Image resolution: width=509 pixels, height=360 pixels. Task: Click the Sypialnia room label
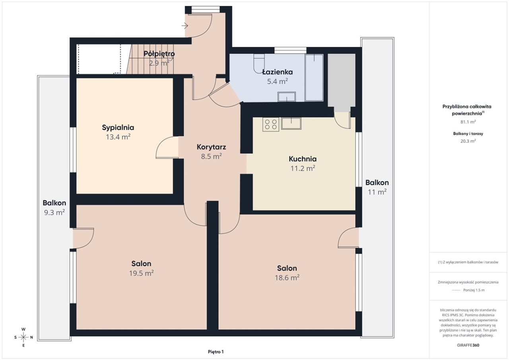coord(118,128)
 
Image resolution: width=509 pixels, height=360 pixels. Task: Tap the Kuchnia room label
coord(303,159)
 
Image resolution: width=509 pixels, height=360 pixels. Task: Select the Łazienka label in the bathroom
coord(278,72)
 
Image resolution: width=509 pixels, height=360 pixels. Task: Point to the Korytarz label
coord(211,147)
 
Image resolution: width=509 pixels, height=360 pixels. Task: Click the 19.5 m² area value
coord(141,273)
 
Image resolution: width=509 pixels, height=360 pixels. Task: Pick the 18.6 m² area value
coord(287,278)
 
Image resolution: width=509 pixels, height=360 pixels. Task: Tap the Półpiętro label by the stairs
coord(159,54)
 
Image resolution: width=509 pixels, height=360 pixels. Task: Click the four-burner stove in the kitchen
coord(271,125)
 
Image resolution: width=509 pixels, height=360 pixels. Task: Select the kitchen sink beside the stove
coord(291,124)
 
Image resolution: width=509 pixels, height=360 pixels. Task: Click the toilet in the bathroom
coord(259,64)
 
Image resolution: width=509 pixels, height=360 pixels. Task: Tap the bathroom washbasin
coord(287,97)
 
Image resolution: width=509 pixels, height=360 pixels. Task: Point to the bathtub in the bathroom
coord(314,77)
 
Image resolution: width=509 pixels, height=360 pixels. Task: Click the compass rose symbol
coord(23,337)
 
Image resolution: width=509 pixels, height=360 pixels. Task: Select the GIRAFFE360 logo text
coord(468,345)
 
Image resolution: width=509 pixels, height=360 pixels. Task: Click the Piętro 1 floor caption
coord(216,352)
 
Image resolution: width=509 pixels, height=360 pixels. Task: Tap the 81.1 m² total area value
coord(468,122)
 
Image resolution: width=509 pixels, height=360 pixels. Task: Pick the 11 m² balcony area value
coord(377,192)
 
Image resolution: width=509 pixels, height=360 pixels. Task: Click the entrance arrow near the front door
coord(185,26)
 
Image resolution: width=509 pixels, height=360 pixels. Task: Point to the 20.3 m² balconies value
coord(468,141)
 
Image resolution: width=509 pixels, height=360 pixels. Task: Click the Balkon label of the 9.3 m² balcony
coord(54,203)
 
